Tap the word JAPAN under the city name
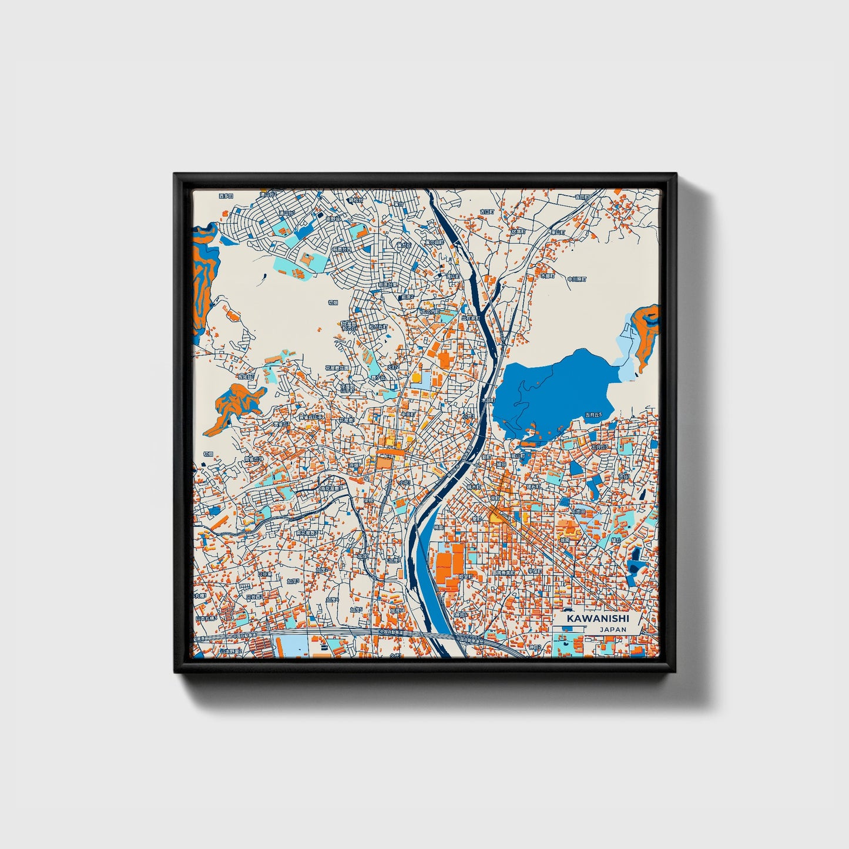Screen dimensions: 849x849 [x=613, y=629]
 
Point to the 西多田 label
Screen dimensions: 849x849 [x=226, y=196]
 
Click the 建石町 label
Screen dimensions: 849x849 [x=533, y=486]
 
